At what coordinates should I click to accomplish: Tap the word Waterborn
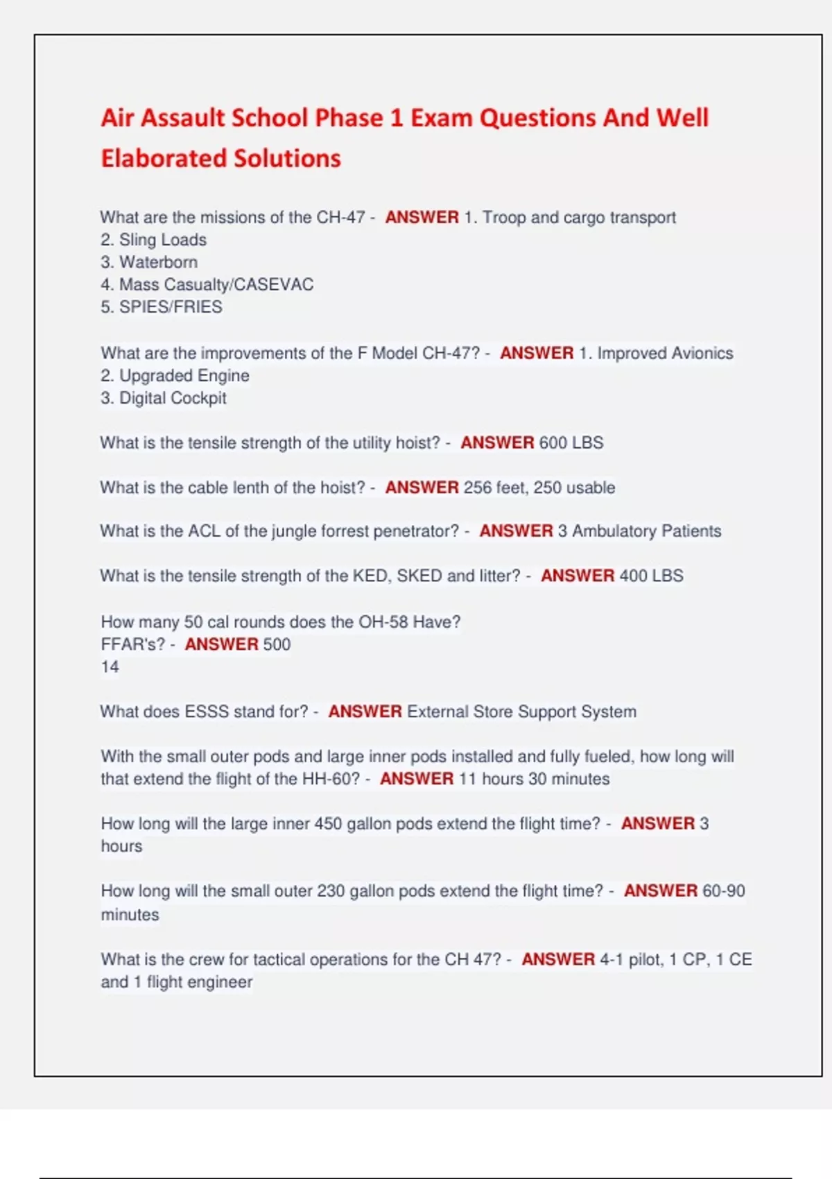[158, 262]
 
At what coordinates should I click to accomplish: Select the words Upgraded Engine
[184, 376]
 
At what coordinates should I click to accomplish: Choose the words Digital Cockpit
[173, 398]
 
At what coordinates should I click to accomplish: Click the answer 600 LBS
[571, 442]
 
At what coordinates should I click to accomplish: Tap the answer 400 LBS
[651, 576]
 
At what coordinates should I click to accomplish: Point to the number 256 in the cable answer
[478, 488]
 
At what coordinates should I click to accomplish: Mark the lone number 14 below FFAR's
[110, 667]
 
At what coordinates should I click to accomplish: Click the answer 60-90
[723, 891]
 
